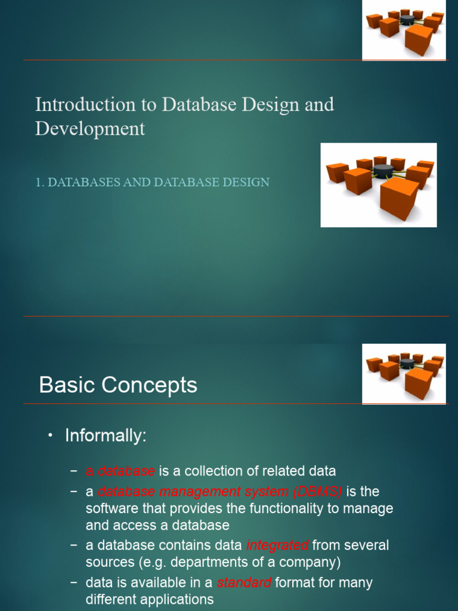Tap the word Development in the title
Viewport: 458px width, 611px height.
[90, 128]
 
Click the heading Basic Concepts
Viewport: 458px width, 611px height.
[118, 385]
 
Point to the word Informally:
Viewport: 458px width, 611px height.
[106, 436]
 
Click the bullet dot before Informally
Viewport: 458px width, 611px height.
[51, 436]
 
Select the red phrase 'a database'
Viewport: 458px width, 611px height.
[120, 471]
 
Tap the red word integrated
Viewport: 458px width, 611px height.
[277, 545]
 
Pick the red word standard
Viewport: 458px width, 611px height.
[244, 582]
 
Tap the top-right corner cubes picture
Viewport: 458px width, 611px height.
[404, 30]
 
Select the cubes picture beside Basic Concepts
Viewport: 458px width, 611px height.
[404, 374]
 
